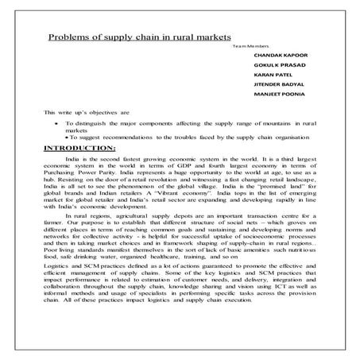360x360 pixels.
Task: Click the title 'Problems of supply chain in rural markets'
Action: point(139,37)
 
